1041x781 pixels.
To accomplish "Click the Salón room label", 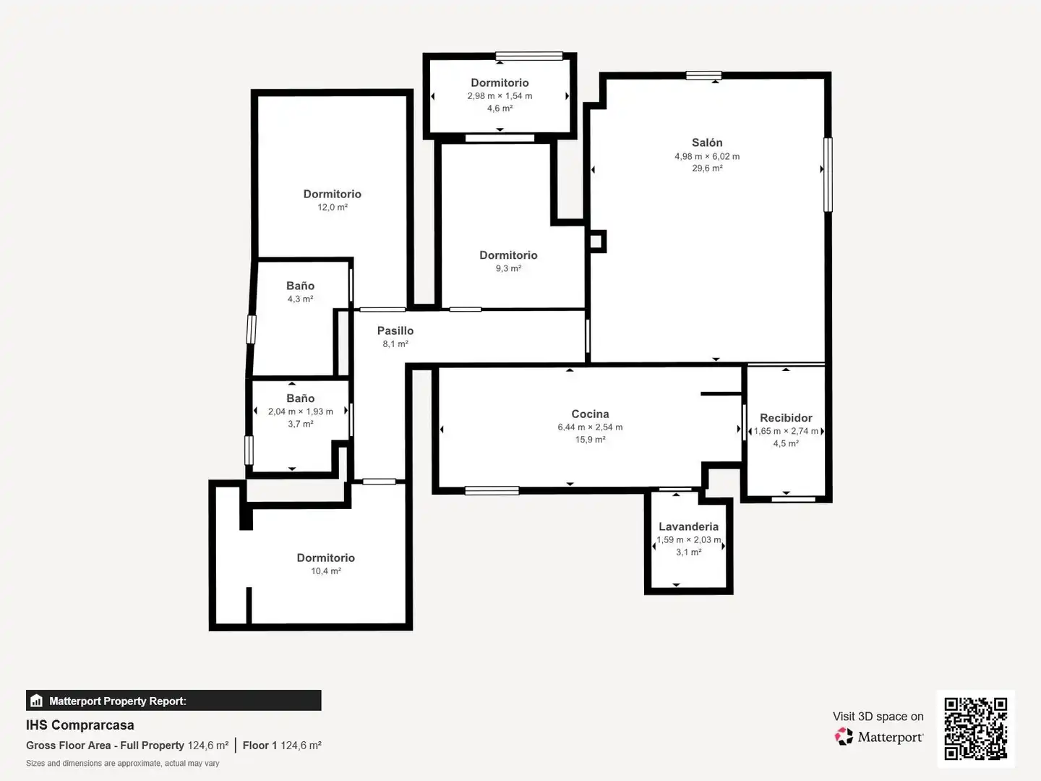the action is click(x=706, y=142).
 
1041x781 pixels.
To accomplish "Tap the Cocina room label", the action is click(x=590, y=414).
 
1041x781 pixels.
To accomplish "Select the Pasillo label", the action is click(x=395, y=330).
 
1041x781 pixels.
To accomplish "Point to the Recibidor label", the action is click(x=786, y=418).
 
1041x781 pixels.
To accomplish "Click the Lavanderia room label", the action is click(x=688, y=526).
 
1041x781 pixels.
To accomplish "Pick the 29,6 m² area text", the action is click(x=707, y=168).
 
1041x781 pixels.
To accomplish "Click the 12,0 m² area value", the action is click(x=333, y=208).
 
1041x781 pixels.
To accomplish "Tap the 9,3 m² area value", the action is click(x=508, y=268).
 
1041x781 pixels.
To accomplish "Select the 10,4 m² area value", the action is click(x=326, y=571).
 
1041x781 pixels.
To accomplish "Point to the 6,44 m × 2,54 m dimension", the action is click(x=590, y=427).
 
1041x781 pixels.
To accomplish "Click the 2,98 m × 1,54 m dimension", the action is click(x=500, y=95).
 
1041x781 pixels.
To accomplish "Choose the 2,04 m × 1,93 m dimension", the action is click(x=300, y=411).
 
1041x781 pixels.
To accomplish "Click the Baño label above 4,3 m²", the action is click(x=300, y=286).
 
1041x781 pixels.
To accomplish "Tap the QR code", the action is click(x=975, y=728).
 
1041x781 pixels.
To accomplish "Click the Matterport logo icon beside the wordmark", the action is click(x=844, y=736).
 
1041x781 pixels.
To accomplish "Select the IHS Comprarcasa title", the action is click(x=80, y=725).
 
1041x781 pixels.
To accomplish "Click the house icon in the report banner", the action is click(x=37, y=701).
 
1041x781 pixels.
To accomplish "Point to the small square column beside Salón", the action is click(x=596, y=242).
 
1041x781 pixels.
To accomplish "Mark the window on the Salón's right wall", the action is click(x=828, y=174).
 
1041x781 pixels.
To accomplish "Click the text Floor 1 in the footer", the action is click(x=260, y=746).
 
